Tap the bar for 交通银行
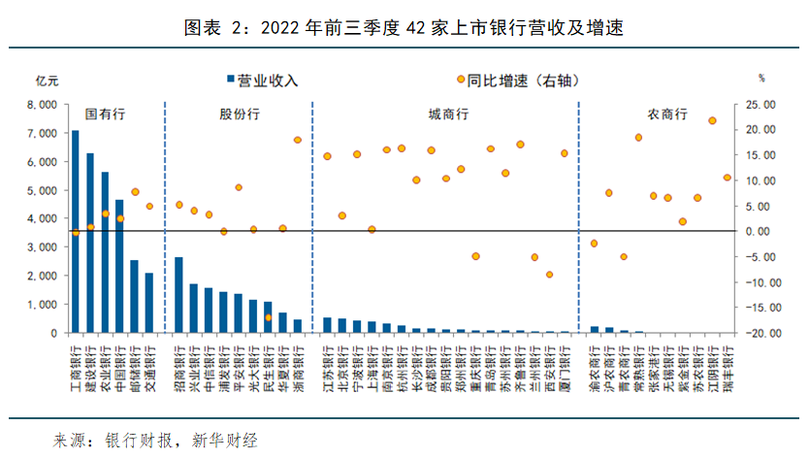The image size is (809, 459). [x=148, y=303]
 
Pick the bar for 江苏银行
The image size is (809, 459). [x=327, y=325]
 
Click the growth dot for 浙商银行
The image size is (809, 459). [x=298, y=140]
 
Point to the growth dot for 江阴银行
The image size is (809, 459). [x=712, y=120]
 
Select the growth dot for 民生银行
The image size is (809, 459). [x=268, y=317]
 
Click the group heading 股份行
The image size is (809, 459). [x=240, y=114]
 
